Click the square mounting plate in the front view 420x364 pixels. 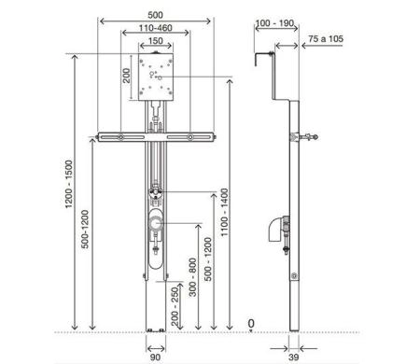(156, 77)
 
